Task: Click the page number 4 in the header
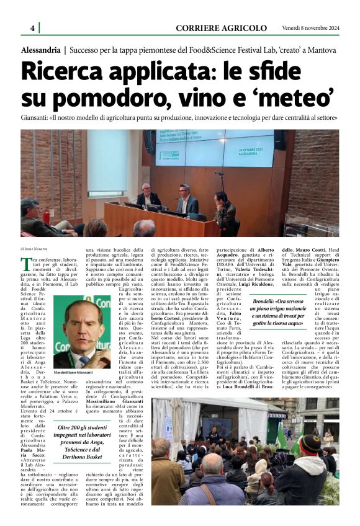[x=32, y=28]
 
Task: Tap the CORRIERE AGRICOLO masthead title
[x=221, y=28]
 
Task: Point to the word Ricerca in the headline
[x=73, y=71]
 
